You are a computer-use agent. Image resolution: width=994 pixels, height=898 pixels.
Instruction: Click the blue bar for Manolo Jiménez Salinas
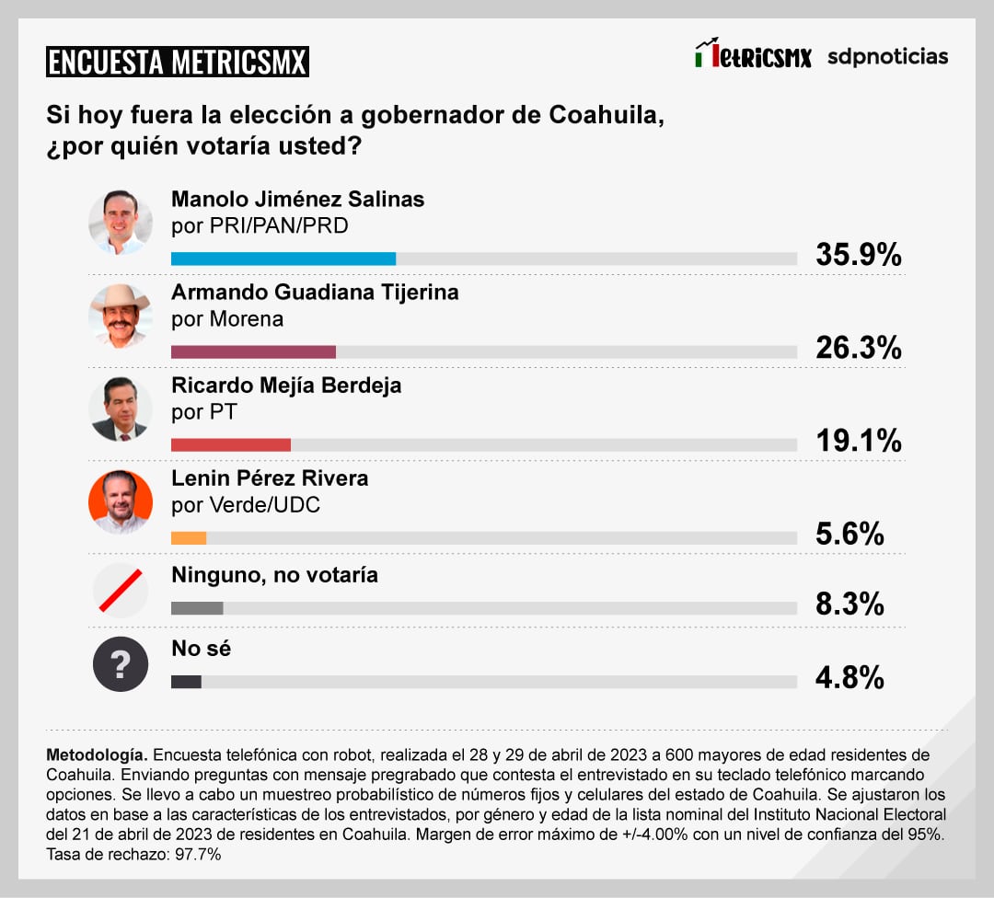pyautogui.click(x=283, y=259)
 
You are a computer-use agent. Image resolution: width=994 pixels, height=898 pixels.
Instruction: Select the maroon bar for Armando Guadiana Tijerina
pyautogui.click(x=253, y=351)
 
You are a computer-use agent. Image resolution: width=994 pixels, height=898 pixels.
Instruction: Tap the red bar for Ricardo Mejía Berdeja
pyautogui.click(x=231, y=445)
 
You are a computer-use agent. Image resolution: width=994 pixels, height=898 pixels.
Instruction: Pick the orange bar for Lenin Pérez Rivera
pyautogui.click(x=189, y=538)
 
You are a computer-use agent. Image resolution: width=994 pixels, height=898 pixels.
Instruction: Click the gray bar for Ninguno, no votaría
pyautogui.click(x=197, y=608)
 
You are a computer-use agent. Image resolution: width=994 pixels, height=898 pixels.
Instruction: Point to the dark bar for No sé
pyautogui.click(x=186, y=682)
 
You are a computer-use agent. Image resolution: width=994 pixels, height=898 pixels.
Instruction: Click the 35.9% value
pyautogui.click(x=858, y=255)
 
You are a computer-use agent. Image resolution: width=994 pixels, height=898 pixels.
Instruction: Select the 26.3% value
pyautogui.click(x=858, y=348)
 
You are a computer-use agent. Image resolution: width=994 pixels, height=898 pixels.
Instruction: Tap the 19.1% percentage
pyautogui.click(x=858, y=442)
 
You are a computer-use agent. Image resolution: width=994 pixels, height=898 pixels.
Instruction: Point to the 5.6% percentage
pyautogui.click(x=850, y=534)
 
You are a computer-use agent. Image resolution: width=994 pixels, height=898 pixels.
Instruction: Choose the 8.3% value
pyautogui.click(x=850, y=604)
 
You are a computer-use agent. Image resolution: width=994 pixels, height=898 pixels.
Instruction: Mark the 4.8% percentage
pyautogui.click(x=850, y=678)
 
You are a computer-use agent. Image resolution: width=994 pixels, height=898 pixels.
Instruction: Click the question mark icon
pyautogui.click(x=121, y=664)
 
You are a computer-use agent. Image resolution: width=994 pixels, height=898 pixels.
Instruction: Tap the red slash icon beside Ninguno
pyautogui.click(x=121, y=590)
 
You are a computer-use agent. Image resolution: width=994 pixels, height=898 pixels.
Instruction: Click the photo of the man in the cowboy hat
pyautogui.click(x=121, y=316)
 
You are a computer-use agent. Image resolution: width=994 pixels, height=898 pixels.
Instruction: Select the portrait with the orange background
pyautogui.click(x=121, y=501)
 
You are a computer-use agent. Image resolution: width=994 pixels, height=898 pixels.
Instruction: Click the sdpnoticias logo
pyautogui.click(x=887, y=56)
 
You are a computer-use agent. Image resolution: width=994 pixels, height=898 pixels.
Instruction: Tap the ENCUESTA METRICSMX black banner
pyautogui.click(x=178, y=62)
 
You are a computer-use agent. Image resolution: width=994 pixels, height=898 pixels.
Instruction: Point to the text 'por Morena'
pyautogui.click(x=227, y=319)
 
